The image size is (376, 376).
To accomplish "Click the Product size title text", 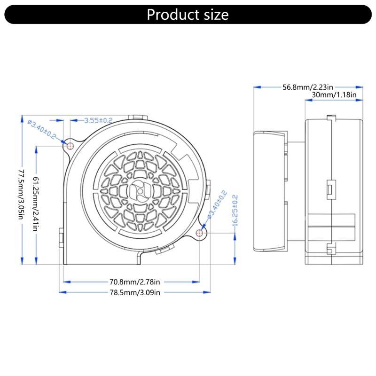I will [x=188, y=15].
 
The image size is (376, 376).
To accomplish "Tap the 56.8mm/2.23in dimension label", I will [x=308, y=87].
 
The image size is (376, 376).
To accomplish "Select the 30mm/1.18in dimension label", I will [x=334, y=95].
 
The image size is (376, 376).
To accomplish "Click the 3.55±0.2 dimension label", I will [x=98, y=120].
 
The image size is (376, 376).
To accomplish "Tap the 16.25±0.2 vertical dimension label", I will [x=235, y=211].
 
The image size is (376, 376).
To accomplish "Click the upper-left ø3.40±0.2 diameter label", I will [x=42, y=129].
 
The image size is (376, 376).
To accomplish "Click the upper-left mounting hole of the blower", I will [x=70, y=145].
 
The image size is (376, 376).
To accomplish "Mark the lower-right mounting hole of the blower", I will [x=200, y=232].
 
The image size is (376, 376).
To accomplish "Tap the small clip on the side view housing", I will [x=329, y=189].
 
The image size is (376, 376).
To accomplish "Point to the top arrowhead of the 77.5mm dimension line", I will [x=21, y=117].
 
